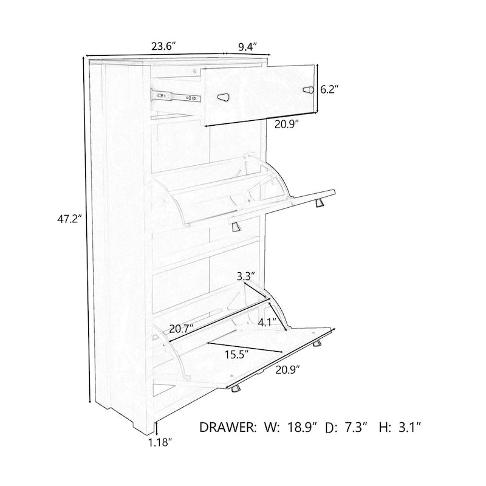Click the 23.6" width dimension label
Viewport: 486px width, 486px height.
pyautogui.click(x=163, y=46)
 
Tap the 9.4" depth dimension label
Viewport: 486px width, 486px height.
pyautogui.click(x=248, y=46)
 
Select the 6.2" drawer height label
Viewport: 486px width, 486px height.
pyautogui.click(x=329, y=89)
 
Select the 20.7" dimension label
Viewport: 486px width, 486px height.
pyautogui.click(x=182, y=329)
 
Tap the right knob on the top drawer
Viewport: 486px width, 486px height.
pyautogui.click(x=309, y=89)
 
